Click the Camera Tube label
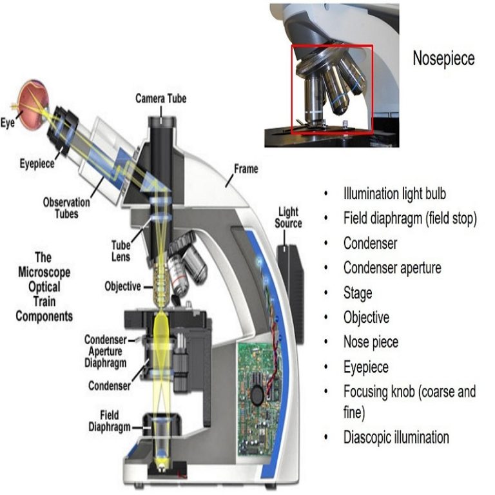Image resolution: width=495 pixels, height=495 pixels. pyautogui.click(x=160, y=99)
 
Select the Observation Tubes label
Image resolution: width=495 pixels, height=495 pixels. pyautogui.click(x=66, y=206)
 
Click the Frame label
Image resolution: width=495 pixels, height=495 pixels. pyautogui.click(x=246, y=169)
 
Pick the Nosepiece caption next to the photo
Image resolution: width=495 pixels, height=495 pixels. pyautogui.click(x=443, y=59)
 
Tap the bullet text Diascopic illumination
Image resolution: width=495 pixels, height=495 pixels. pyautogui.click(x=396, y=437)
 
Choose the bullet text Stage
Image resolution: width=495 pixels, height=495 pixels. pyautogui.click(x=358, y=293)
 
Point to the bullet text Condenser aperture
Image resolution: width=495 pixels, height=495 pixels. pyautogui.click(x=392, y=267)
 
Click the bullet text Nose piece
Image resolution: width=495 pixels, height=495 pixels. pyautogui.click(x=371, y=342)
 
